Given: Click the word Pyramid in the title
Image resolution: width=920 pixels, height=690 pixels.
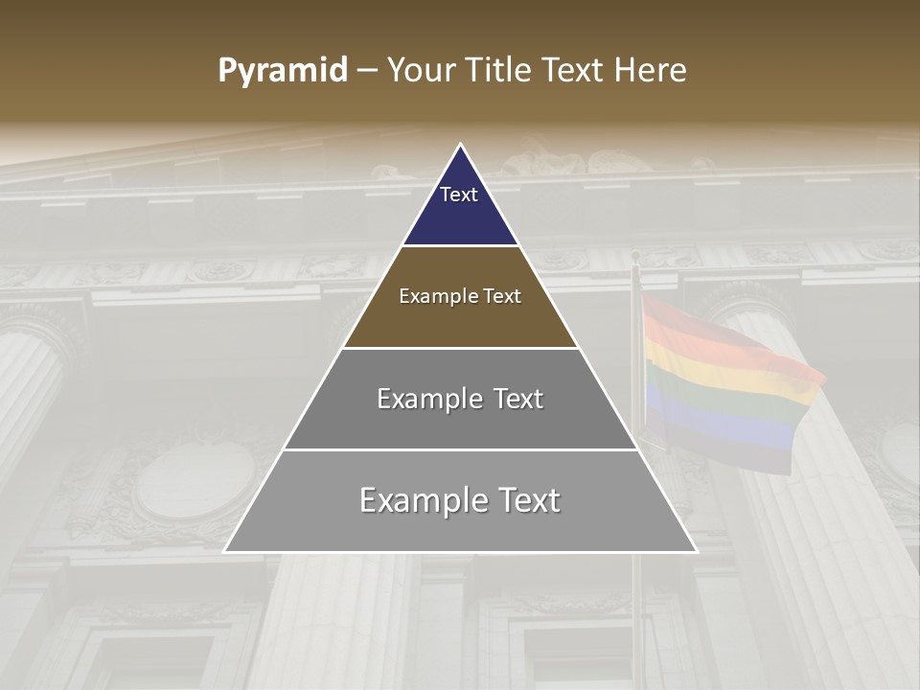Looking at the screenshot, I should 283,70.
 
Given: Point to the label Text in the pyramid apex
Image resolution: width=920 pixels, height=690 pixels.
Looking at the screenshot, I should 459,195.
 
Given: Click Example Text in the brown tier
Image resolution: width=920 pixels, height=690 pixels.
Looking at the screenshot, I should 460,296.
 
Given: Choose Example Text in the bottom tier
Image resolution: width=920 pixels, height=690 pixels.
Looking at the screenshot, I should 460,500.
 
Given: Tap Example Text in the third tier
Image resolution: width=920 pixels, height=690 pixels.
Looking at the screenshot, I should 460,399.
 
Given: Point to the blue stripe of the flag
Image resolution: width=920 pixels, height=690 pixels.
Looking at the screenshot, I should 719,426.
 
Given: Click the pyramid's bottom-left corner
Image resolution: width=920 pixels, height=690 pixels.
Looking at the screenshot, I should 225,551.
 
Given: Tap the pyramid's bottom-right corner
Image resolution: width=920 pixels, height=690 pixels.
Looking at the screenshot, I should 696,551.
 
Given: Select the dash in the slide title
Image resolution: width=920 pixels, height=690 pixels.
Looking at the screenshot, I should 367,71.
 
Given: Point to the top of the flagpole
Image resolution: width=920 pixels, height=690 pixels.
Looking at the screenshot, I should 634,255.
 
